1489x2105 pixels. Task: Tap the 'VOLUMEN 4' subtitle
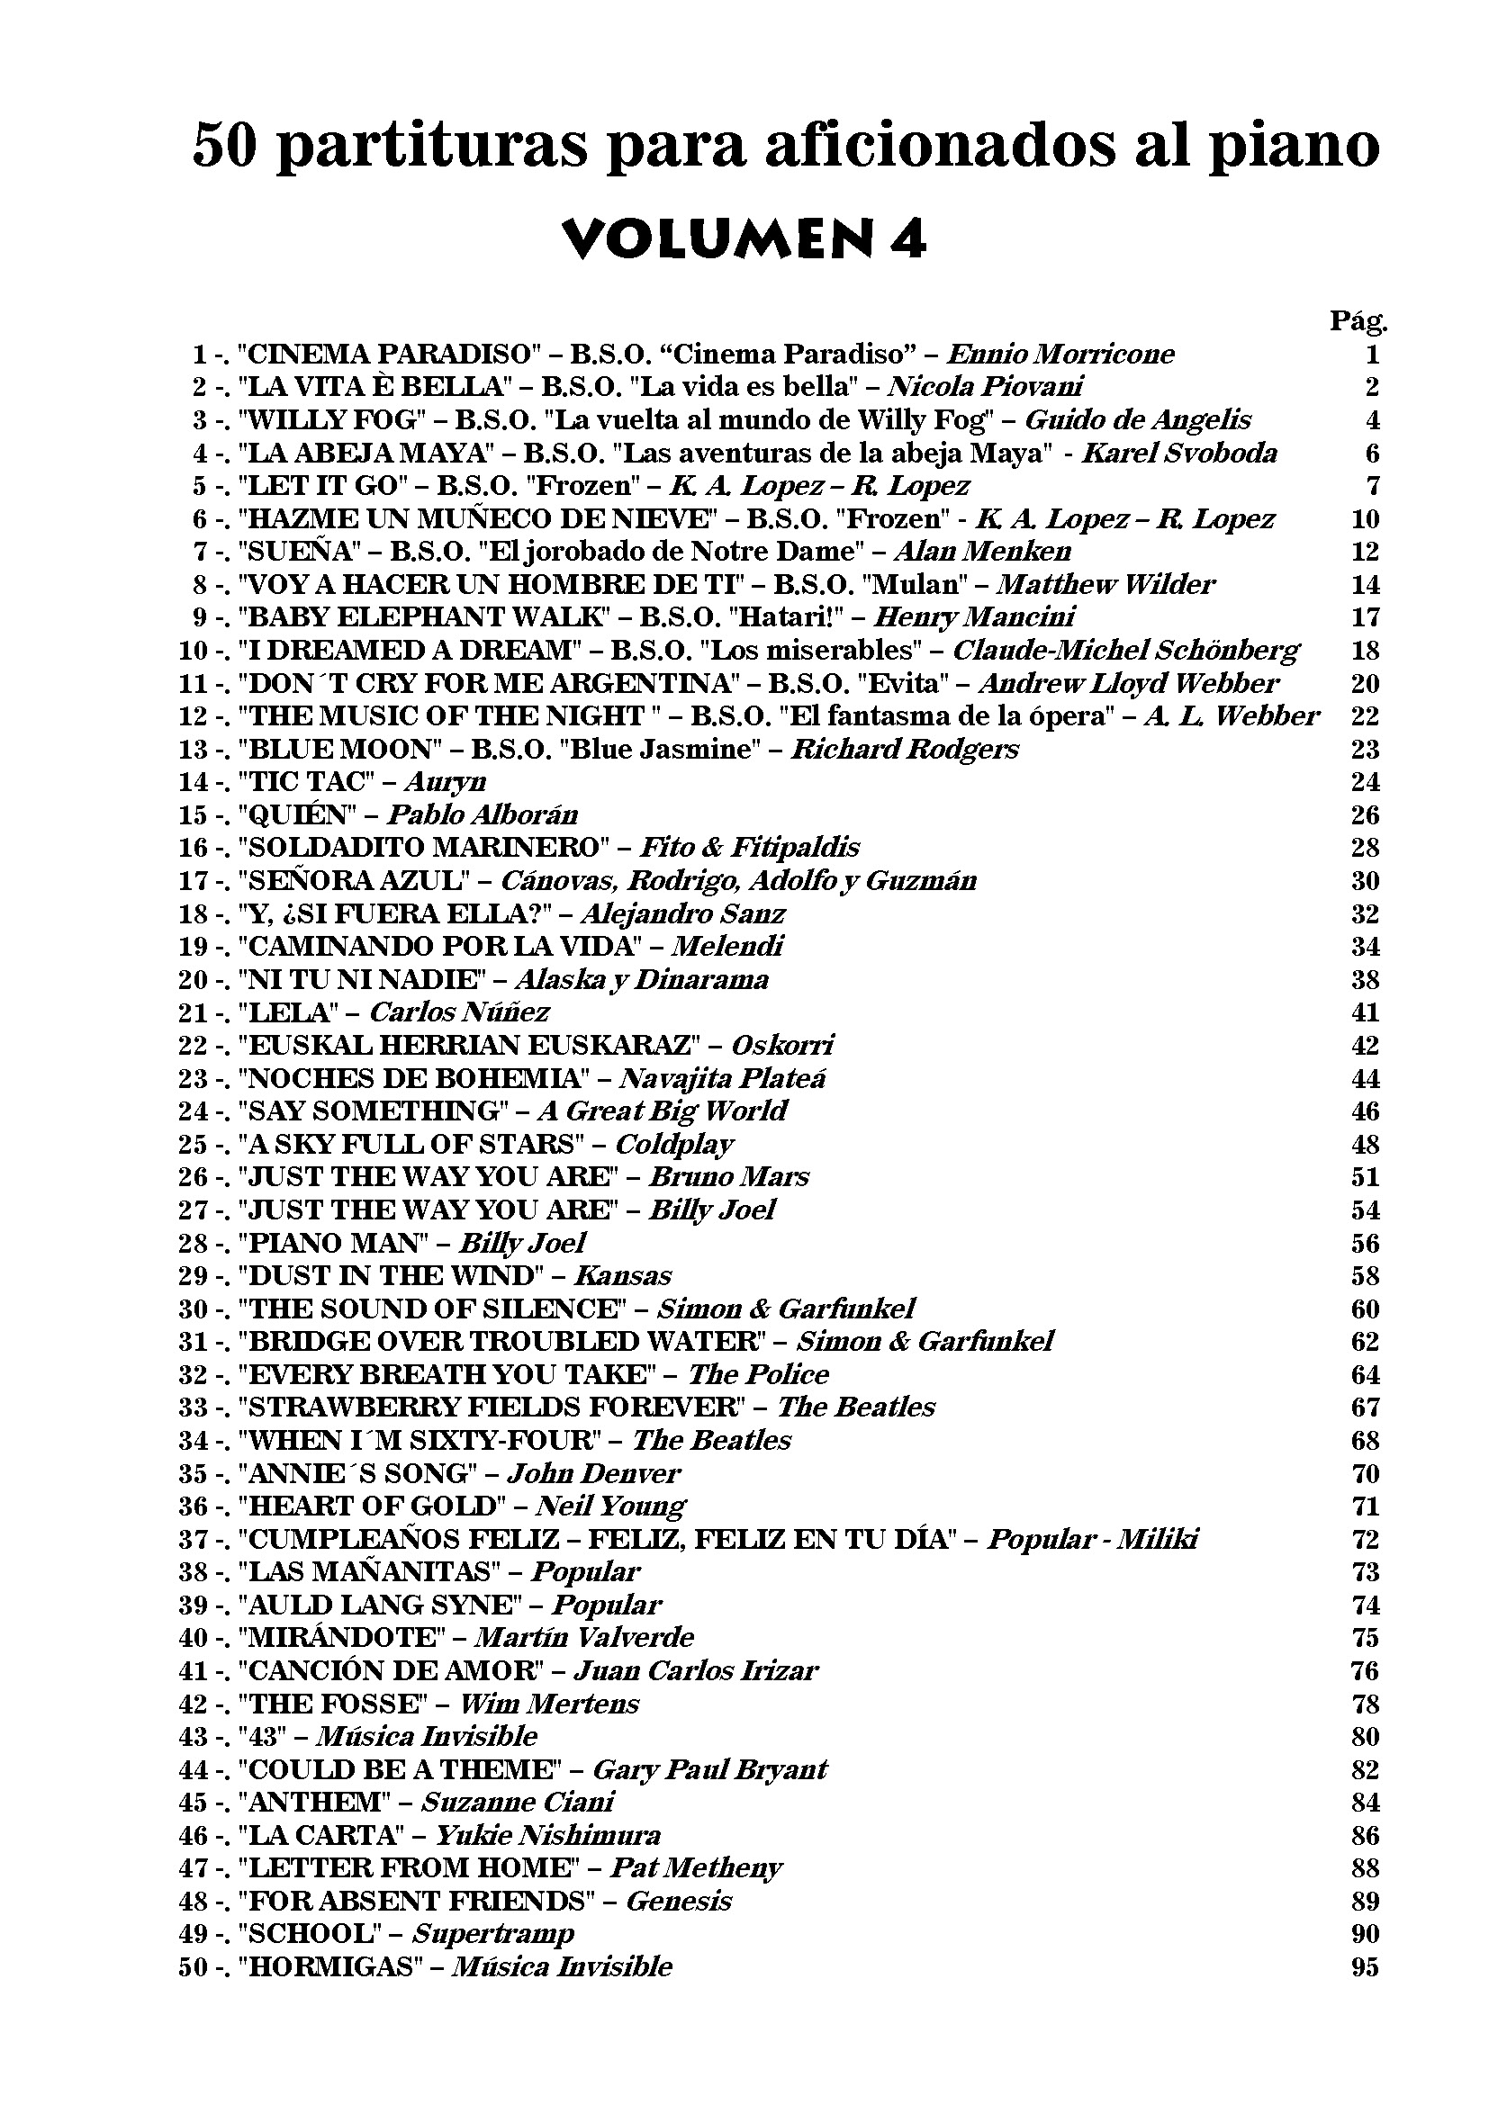[x=744, y=240]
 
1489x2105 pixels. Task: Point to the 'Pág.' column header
[x=1358, y=321]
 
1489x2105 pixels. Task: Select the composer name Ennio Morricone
[x=1060, y=354]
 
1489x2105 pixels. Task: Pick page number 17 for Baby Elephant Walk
[x=1366, y=617]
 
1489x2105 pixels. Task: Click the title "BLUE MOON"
[x=340, y=749]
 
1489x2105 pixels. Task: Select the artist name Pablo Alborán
[x=483, y=815]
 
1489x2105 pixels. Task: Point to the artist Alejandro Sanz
[x=682, y=914]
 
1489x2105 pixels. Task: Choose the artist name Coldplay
[x=674, y=1144]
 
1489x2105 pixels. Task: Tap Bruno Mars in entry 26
[x=729, y=1177]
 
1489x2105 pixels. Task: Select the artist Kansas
[x=623, y=1276]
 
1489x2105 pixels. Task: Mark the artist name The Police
[x=758, y=1374]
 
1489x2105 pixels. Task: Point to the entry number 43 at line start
[x=193, y=1736]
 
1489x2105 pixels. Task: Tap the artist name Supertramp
[x=493, y=1935]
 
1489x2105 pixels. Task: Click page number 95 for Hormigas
[x=1366, y=1967]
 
